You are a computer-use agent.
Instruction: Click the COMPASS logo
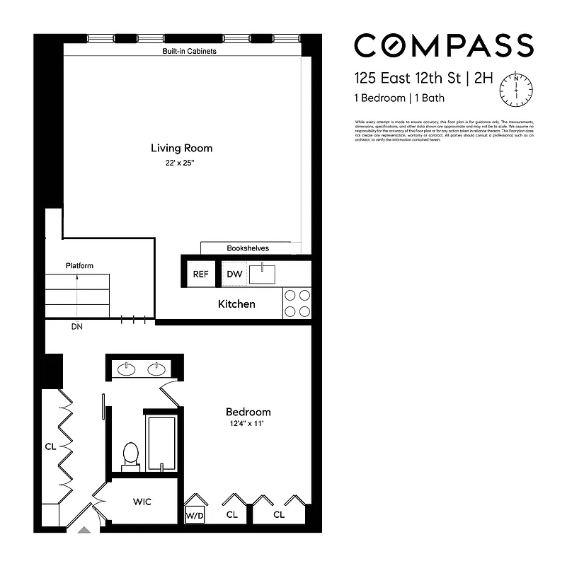point(443,45)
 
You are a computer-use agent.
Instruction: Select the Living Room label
point(181,149)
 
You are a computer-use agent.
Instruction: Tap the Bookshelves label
point(248,248)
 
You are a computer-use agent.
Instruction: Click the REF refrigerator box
point(201,275)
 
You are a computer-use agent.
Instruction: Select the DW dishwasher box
point(234,275)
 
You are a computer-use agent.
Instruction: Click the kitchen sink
point(265,273)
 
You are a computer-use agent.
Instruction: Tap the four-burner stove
point(297,304)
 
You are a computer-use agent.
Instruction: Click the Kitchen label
point(236,304)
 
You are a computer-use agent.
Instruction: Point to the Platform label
point(79,266)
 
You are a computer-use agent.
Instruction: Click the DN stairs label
point(76,327)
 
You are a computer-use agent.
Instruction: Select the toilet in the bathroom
point(130,455)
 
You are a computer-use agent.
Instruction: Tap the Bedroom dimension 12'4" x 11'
point(248,424)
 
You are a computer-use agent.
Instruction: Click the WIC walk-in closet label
point(142,502)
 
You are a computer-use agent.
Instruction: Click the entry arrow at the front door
point(84,529)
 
